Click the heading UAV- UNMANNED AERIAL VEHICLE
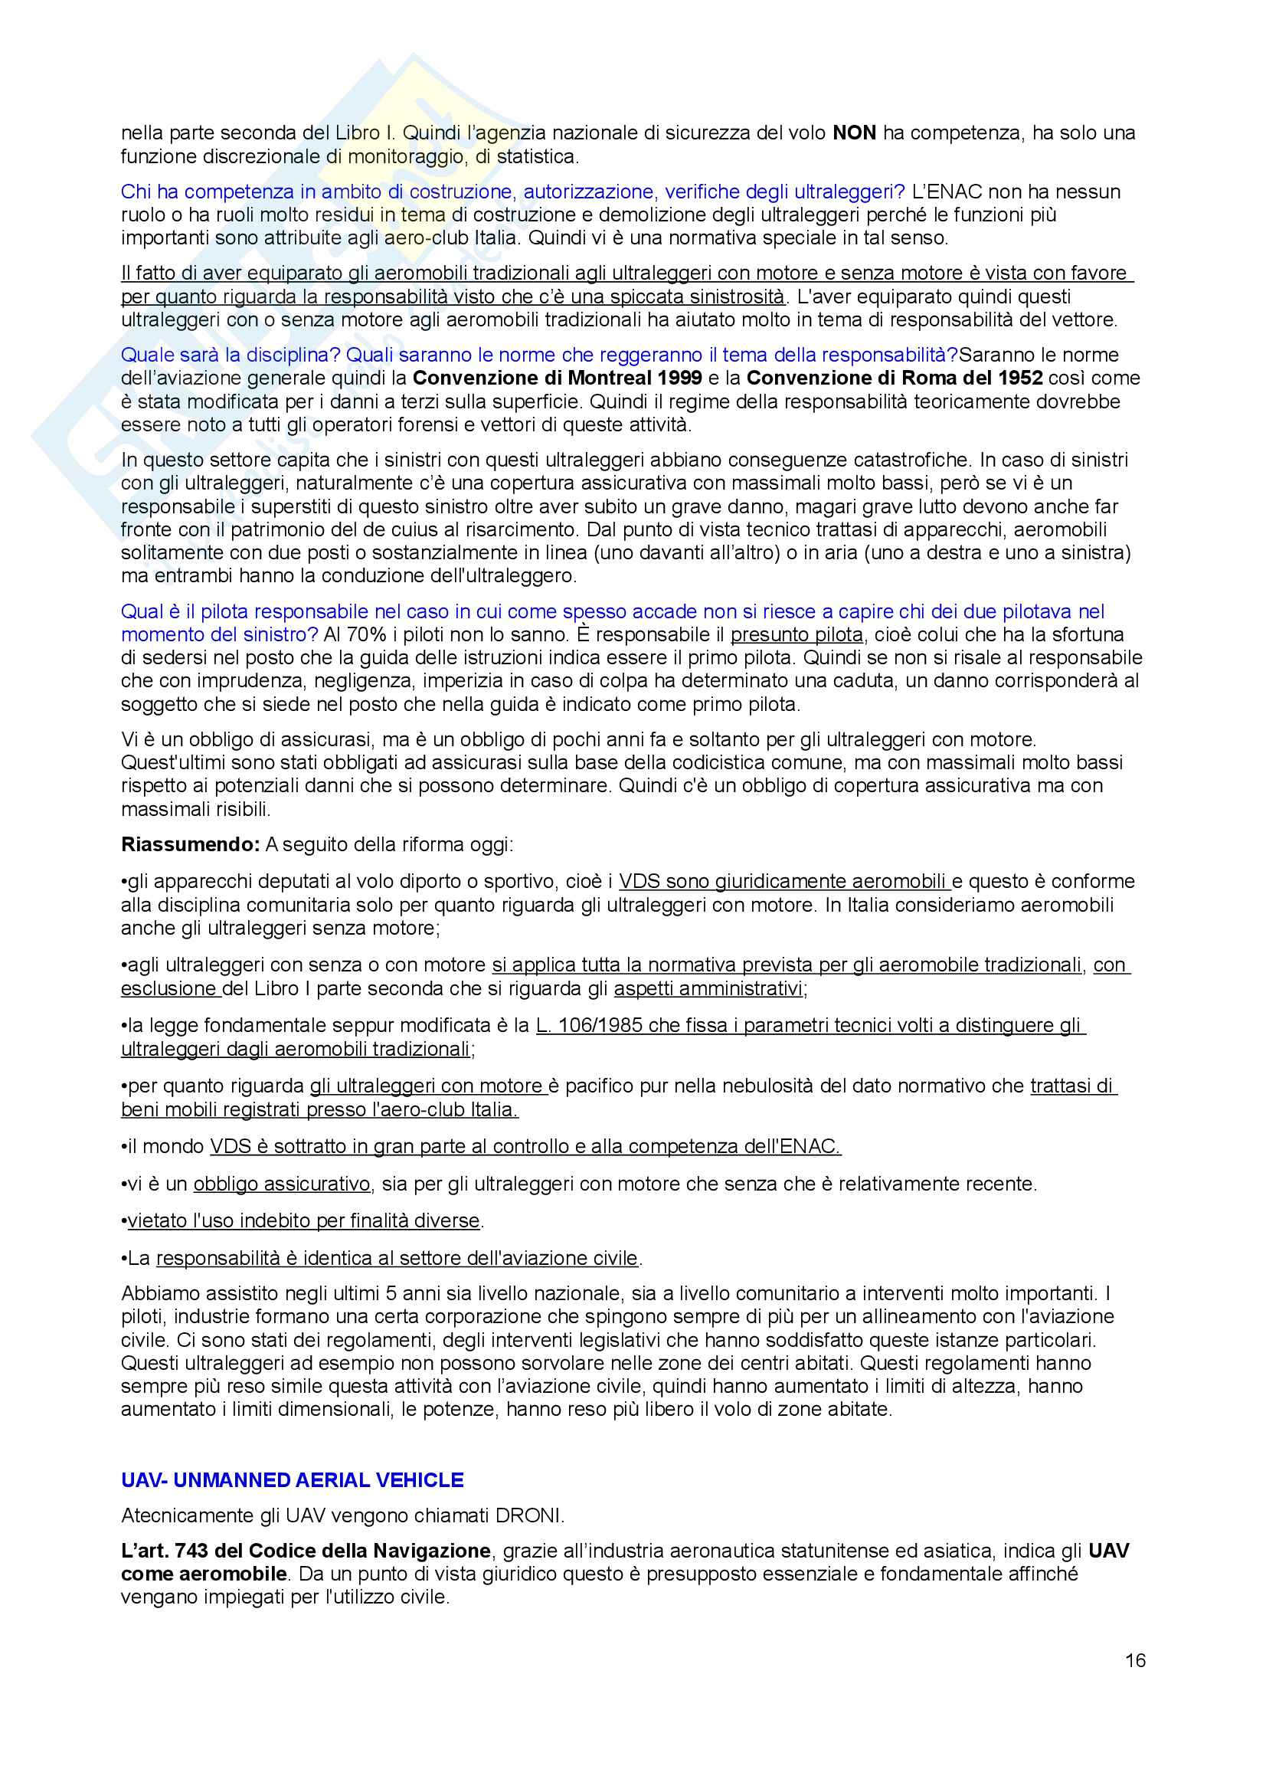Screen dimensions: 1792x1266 coord(293,1480)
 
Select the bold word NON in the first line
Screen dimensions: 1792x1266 coord(855,133)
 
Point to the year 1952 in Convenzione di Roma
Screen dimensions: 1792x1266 coord(1019,378)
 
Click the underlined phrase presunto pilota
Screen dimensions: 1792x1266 coord(797,634)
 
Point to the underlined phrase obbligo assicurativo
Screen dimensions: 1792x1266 coord(282,1184)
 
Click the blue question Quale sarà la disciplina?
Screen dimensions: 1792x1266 coord(231,355)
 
